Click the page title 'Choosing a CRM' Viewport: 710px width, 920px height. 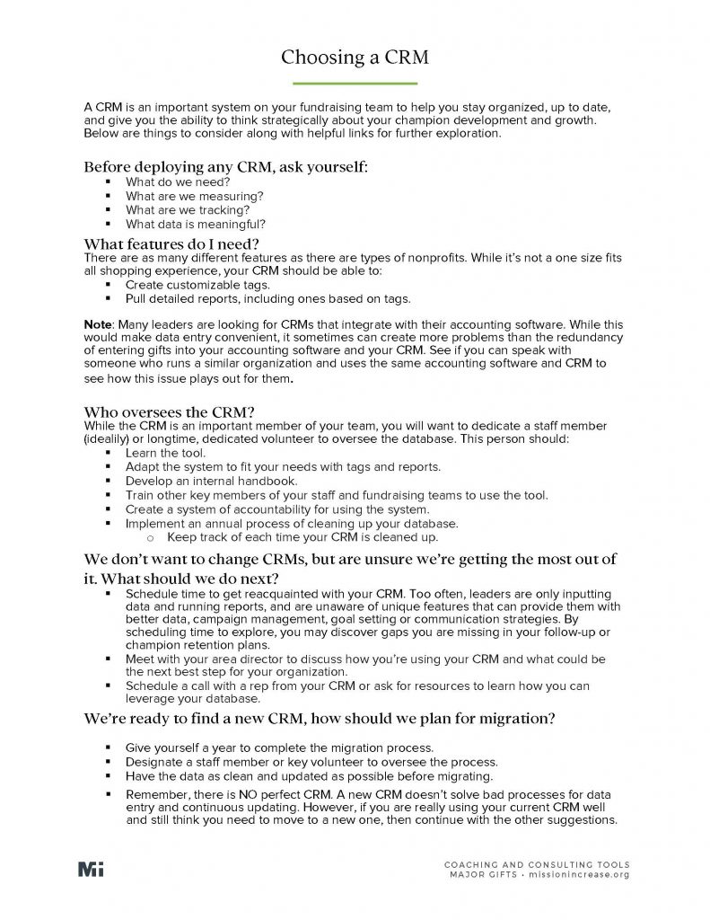point(355,57)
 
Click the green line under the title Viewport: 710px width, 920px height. point(355,83)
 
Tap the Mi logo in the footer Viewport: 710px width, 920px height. point(91,869)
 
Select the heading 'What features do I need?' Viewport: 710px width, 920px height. point(171,243)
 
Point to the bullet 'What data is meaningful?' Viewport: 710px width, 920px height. point(195,225)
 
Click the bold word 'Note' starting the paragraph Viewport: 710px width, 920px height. point(97,323)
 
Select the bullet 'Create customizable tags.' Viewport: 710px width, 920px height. point(197,285)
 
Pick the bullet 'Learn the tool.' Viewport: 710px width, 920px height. point(165,453)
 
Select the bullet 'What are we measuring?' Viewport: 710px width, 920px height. point(194,196)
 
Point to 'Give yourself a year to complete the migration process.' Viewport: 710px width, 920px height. point(279,747)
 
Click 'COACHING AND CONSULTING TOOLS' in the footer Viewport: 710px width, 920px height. point(537,864)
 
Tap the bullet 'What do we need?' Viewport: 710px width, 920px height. point(177,181)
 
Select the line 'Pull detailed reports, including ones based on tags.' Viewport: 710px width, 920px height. point(267,299)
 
